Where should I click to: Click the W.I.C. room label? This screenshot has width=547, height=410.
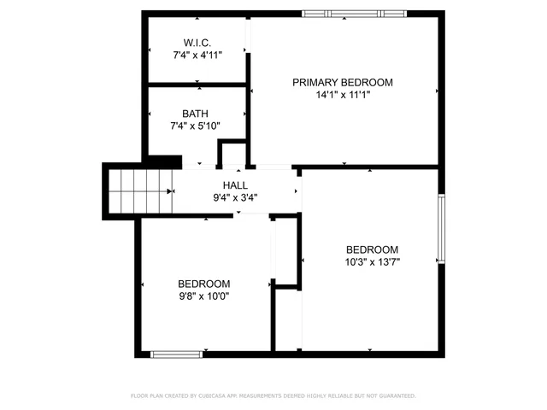(197, 43)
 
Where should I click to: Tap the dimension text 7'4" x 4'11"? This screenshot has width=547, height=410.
(197, 56)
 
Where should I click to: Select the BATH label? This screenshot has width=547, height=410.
(195, 114)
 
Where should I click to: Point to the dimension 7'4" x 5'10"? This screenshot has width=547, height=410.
(195, 126)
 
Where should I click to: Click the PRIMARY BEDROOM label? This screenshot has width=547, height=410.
(342, 82)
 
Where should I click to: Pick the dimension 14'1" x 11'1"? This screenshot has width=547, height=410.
(342, 95)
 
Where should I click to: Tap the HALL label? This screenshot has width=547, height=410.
(235, 184)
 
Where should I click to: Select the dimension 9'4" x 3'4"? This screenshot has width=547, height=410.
(235, 197)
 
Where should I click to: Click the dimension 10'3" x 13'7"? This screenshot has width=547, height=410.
(372, 262)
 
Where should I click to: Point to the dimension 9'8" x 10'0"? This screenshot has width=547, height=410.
(203, 296)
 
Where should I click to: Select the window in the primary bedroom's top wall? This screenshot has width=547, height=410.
(355, 14)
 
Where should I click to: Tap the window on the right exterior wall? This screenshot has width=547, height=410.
(441, 228)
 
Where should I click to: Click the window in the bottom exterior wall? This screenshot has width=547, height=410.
(177, 354)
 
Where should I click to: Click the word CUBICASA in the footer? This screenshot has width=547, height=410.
(220, 396)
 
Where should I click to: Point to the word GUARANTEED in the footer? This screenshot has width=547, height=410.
(396, 396)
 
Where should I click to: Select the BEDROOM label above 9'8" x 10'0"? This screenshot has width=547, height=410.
(203, 284)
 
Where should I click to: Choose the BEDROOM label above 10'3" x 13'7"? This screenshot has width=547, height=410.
(372, 249)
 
